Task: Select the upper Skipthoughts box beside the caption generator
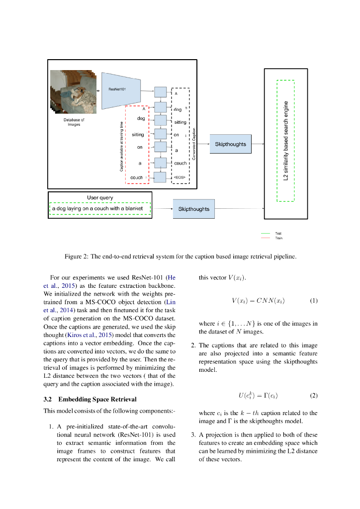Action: click(x=230, y=144)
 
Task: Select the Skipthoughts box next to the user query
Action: click(x=194, y=209)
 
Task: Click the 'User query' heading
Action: click(x=100, y=197)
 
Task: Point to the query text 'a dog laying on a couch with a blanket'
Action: click(x=97, y=208)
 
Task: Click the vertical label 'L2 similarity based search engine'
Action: click(x=286, y=141)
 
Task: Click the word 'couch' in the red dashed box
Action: click(x=136, y=177)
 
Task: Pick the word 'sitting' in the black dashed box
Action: click(x=180, y=122)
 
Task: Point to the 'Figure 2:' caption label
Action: click(x=77, y=256)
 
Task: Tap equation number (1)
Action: click(x=313, y=301)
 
